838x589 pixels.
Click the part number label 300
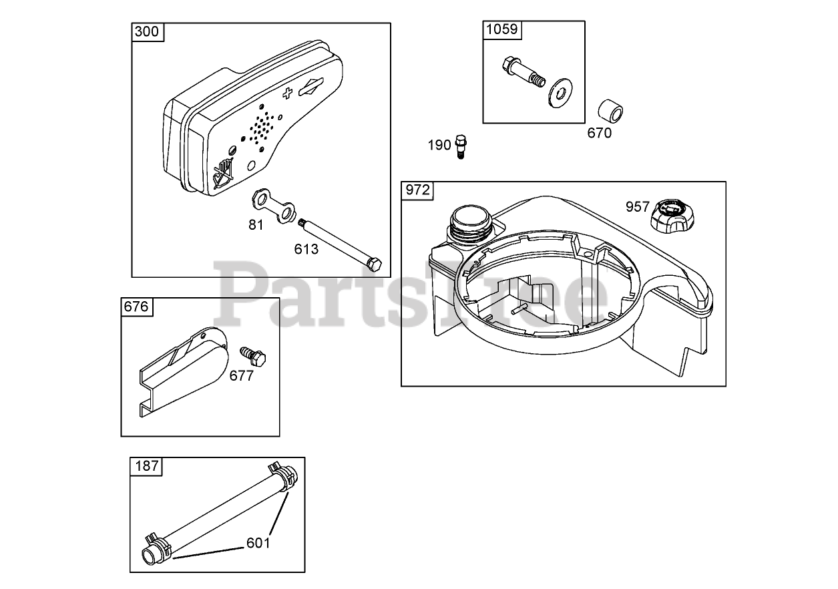point(147,32)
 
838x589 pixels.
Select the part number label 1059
point(500,29)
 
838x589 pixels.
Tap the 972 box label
point(417,190)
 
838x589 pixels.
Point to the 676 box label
point(136,307)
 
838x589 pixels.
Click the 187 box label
point(146,466)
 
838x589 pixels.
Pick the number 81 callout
point(256,225)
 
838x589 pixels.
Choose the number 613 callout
point(306,249)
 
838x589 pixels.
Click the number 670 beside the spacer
point(599,132)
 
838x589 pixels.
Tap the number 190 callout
point(439,144)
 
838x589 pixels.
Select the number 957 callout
point(637,206)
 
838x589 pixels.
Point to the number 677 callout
point(241,375)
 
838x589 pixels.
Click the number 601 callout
point(258,542)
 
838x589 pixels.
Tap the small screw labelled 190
point(459,146)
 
